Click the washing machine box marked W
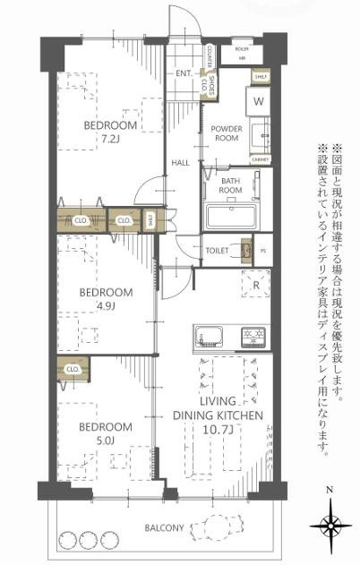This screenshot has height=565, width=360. (x=258, y=102)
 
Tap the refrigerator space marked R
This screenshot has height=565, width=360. (x=256, y=287)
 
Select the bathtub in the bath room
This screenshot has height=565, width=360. (x=231, y=216)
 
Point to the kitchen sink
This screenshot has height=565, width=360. (x=213, y=338)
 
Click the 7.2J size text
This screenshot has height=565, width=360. (x=110, y=139)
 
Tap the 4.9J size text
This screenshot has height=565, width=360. (x=105, y=307)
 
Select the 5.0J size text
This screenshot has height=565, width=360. (x=105, y=440)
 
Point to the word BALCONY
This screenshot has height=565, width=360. (x=165, y=528)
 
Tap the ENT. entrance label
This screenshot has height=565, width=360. (x=184, y=73)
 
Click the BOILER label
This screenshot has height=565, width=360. (x=241, y=47)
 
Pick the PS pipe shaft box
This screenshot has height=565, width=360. (x=262, y=250)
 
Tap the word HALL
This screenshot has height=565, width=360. (x=180, y=163)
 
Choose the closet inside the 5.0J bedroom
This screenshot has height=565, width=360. (x=73, y=368)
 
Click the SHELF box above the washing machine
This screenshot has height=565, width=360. (x=261, y=78)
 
